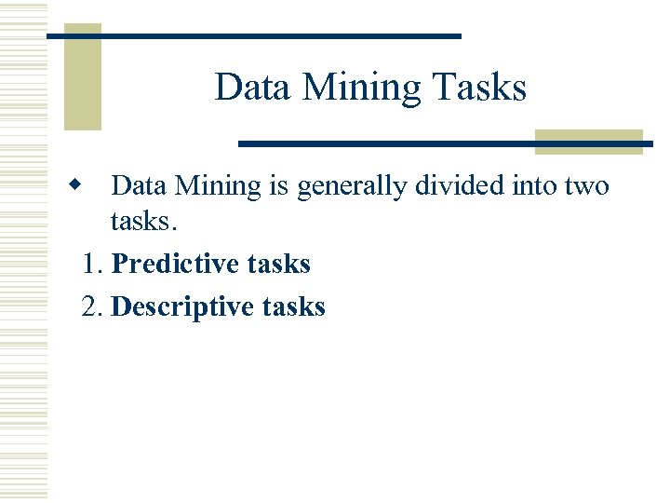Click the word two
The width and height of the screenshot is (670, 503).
586,185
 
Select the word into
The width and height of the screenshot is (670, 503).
535,185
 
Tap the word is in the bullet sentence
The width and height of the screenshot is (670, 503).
279,185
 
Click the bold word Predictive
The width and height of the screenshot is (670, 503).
176,264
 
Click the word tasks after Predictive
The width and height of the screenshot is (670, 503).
279,264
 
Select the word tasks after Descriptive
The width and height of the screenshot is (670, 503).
294,306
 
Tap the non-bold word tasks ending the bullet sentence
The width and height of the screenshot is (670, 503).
140,222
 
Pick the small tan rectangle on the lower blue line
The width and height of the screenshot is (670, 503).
589,142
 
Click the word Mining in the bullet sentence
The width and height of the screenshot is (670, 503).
219,185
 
